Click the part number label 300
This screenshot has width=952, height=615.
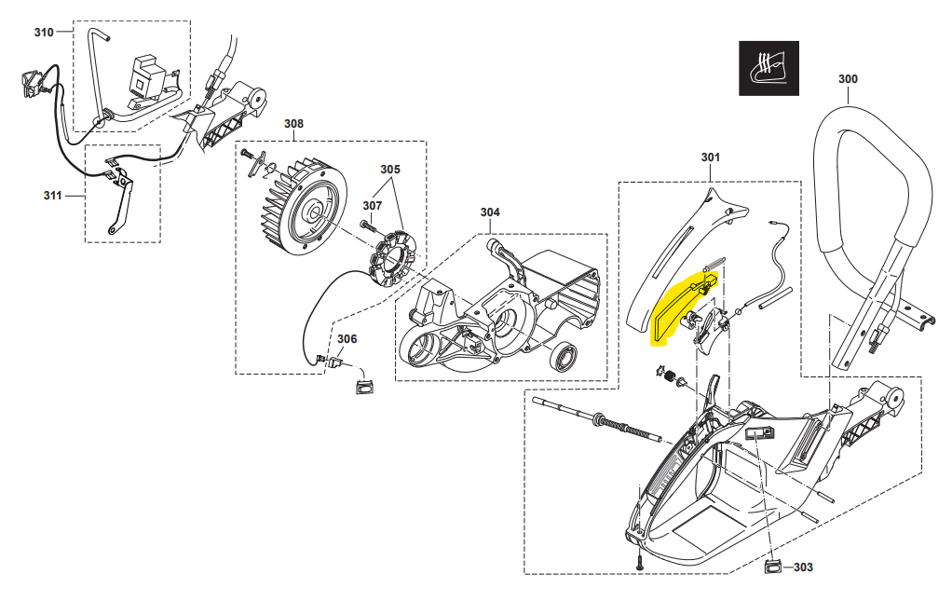coord(847,79)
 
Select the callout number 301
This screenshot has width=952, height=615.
coord(710,157)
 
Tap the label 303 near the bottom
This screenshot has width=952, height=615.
coord(802,567)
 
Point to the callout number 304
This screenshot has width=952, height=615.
coord(490,212)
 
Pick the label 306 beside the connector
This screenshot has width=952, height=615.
coord(347,338)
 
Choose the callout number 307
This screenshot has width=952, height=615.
coord(373,205)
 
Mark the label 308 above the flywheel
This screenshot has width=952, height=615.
coord(293,123)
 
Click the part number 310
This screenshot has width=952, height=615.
coord(44,33)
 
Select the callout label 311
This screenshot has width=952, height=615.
coord(53,196)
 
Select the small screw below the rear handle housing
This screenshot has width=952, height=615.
coord(641,562)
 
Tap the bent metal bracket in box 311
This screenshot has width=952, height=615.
coord(119,200)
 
